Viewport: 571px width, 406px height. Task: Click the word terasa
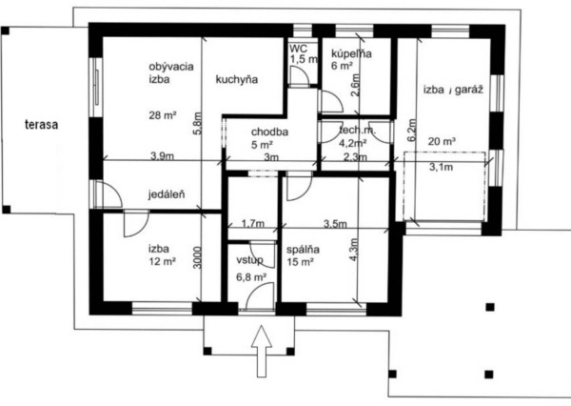tap(42, 125)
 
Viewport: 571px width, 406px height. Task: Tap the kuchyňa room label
tap(237, 79)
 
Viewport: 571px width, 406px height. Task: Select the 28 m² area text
tap(163, 115)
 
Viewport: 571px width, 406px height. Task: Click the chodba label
tap(269, 132)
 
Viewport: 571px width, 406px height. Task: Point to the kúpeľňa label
tap(351, 53)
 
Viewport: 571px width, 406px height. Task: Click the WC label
tap(299, 49)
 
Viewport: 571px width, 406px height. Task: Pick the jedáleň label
tap(167, 194)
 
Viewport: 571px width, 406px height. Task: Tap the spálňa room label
tap(303, 250)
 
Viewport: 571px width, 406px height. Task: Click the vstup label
tap(249, 260)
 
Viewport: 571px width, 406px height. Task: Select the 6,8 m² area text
tap(251, 277)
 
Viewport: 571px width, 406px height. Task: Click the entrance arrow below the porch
tap(262, 352)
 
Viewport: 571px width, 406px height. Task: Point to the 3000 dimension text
tap(197, 257)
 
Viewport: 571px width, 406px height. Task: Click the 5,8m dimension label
tap(197, 123)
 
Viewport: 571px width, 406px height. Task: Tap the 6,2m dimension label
tap(411, 130)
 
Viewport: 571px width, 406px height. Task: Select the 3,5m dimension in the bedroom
tap(335, 224)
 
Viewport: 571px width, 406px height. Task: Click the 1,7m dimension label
tap(253, 223)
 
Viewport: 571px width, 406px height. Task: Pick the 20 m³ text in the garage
tap(443, 141)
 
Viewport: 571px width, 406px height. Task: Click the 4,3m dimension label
tap(354, 249)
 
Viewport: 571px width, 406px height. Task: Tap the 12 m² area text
tap(163, 261)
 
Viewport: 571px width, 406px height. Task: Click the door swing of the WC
tap(301, 75)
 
